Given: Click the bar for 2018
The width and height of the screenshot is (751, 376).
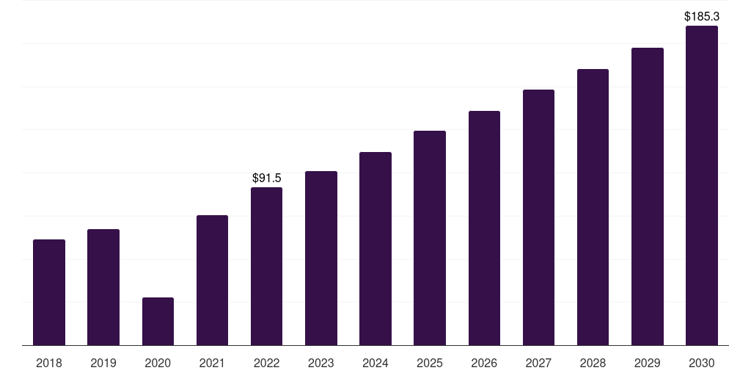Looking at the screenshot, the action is coord(49,292).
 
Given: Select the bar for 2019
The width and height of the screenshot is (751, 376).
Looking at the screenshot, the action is coord(103,287).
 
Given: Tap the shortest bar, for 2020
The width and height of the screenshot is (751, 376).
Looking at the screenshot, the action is coord(158,322).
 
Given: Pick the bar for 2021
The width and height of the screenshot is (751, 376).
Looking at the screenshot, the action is coord(212,280).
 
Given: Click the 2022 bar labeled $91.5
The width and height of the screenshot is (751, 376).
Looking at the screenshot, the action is coord(266,266).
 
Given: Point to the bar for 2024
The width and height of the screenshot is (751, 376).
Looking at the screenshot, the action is coord(375,248).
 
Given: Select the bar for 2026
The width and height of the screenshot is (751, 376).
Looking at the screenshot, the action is coord(484,228).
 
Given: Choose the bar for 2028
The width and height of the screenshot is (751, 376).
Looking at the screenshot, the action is coord(593,207).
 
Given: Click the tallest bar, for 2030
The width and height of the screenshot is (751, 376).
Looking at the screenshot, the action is coord(702,186).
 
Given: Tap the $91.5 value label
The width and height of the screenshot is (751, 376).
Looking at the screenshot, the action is coord(267,178).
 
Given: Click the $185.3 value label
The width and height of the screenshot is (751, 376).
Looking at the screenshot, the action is coord(702,16).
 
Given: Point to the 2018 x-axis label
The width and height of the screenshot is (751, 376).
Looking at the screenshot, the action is coord(49,363).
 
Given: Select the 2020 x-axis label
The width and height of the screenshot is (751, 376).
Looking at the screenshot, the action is coord(158,363).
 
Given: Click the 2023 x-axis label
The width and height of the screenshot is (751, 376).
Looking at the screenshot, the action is coord(321,363).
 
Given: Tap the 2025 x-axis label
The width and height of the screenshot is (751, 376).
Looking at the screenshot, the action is coord(430,363).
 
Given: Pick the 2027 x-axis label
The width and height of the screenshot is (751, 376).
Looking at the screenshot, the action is coord(538,363).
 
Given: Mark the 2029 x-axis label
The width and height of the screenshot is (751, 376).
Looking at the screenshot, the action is coord(647,363).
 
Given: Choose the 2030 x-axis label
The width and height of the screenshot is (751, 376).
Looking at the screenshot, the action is coord(702,363).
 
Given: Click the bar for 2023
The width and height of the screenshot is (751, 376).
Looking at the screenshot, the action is coord(321,258).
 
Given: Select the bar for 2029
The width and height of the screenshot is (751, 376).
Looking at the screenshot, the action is coord(648,197).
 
